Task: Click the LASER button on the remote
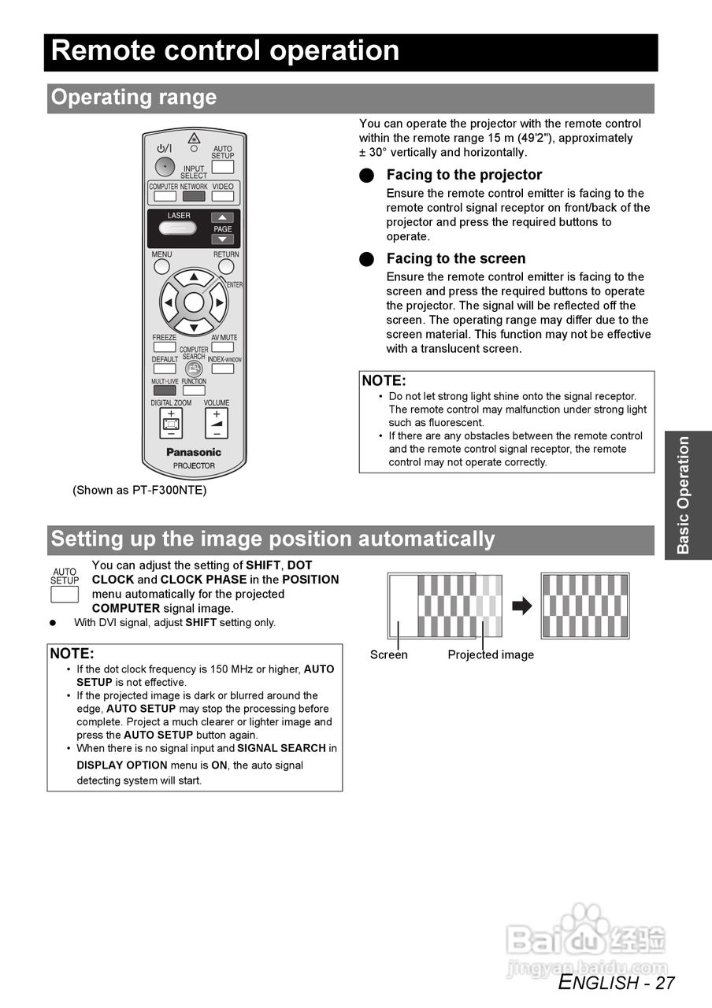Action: click(179, 228)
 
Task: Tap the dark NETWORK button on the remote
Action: click(194, 196)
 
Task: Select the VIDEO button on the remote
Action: click(223, 196)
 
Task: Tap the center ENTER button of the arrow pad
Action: click(194, 302)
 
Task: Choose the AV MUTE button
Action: click(223, 346)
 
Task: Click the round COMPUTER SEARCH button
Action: click(194, 368)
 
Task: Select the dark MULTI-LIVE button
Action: click(165, 390)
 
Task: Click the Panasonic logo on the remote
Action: click(194, 452)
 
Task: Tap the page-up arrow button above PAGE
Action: click(223, 217)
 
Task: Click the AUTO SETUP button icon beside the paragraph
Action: click(65, 594)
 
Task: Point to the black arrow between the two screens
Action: click(521, 606)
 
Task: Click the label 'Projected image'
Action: click(491, 654)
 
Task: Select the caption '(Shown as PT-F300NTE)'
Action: click(139, 490)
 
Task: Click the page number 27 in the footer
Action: click(665, 983)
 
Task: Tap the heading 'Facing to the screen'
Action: click(455, 258)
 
